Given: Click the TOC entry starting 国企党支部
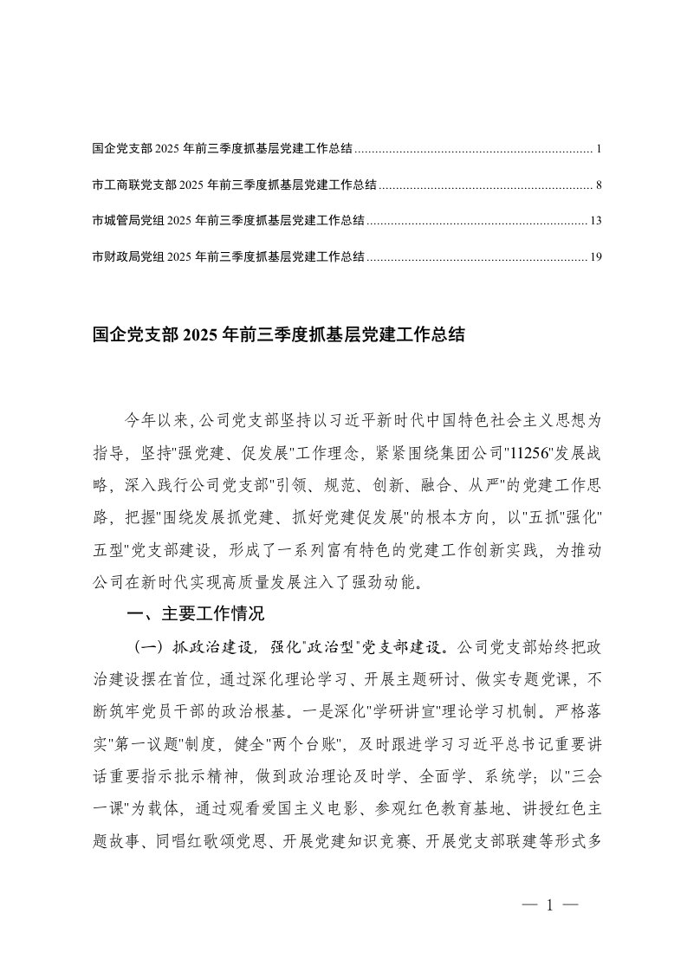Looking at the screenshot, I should pyautogui.click(x=222, y=149).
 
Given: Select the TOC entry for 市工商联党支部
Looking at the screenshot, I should pyautogui.click(x=234, y=185).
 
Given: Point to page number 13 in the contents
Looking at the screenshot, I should pyautogui.click(x=595, y=220).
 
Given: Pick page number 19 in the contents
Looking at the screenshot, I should pyautogui.click(x=595, y=256).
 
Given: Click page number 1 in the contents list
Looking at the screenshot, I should pyautogui.click(x=599, y=149).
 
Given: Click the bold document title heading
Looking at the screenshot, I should pyautogui.click(x=278, y=335).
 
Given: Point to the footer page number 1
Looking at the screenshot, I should pyautogui.click(x=549, y=905).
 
